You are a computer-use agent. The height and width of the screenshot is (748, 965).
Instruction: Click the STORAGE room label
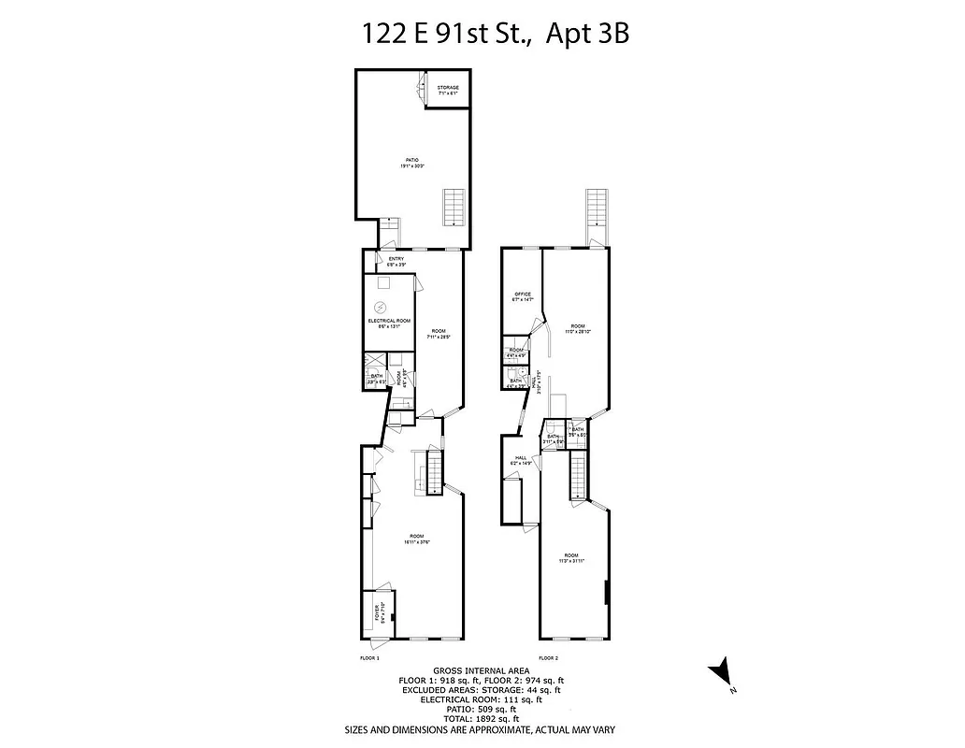(x=448, y=90)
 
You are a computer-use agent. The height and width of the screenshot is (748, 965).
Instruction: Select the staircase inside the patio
(x=454, y=207)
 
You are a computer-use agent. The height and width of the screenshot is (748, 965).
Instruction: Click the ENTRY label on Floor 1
(x=396, y=261)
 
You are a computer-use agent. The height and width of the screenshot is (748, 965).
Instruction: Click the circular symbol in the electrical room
(x=381, y=307)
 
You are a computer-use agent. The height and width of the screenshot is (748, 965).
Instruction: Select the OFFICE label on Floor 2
(x=523, y=296)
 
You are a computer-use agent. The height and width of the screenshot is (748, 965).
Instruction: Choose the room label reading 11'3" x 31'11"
(x=571, y=558)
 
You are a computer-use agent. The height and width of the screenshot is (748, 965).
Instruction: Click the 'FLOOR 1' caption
(x=370, y=658)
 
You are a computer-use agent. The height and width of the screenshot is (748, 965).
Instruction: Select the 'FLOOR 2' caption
(x=548, y=658)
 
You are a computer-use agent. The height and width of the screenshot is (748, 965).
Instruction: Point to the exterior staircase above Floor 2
(x=597, y=213)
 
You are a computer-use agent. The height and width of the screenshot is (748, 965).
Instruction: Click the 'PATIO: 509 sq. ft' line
(x=479, y=709)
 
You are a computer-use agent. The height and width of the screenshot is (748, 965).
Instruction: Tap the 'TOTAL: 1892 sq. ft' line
(x=479, y=719)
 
